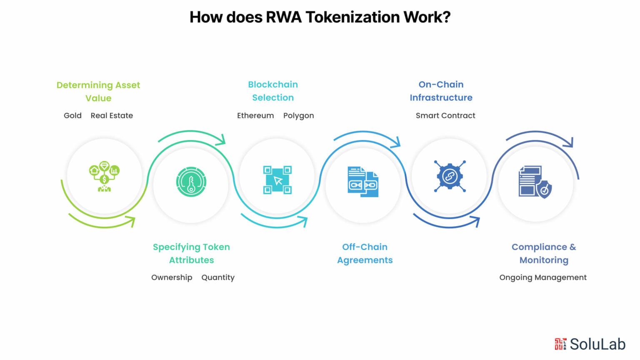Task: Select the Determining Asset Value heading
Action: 98,91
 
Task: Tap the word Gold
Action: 72,115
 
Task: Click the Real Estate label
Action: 112,115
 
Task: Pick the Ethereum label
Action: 255,115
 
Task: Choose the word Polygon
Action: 299,116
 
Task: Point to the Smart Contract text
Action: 445,115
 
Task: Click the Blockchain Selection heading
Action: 273,91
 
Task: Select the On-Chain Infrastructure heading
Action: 441,91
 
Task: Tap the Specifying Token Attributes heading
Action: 191,253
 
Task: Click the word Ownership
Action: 172,277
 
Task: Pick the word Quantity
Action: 218,278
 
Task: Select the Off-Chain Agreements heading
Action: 365,253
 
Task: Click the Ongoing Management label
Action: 543,277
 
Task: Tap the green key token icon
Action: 191,182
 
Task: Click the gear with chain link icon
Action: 450,176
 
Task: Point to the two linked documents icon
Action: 363,182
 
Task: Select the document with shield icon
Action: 535,182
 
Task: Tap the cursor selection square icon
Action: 277,180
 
